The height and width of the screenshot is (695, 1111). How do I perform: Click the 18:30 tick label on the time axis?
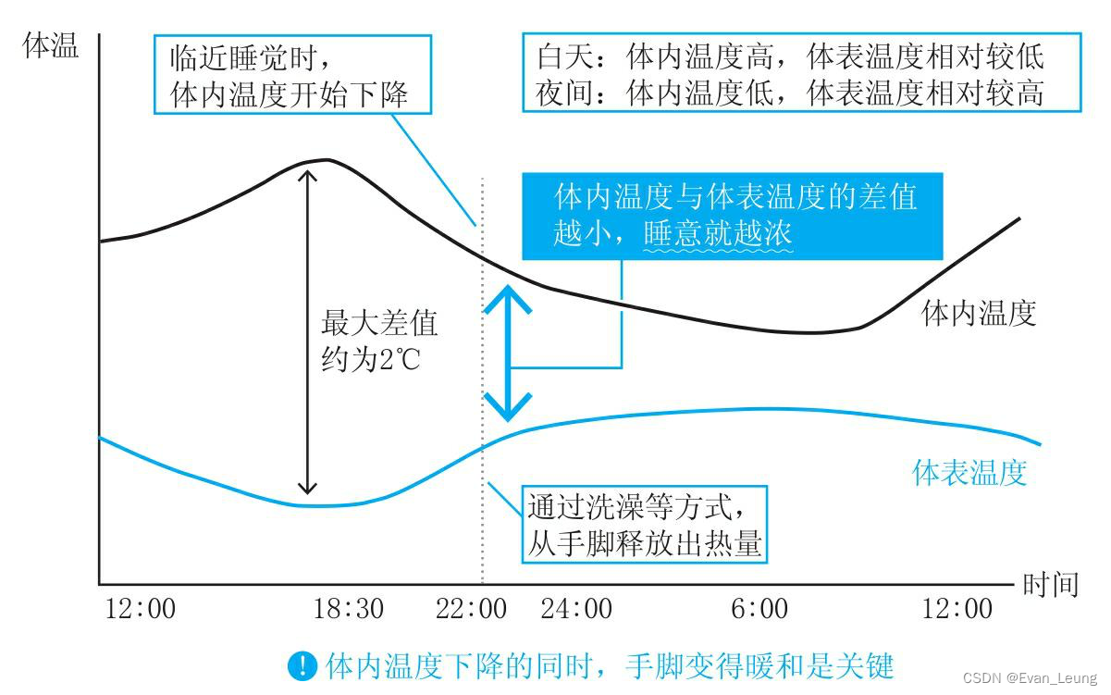348,609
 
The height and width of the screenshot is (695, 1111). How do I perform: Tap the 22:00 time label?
471,609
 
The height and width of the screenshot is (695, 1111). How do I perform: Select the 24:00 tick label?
575,609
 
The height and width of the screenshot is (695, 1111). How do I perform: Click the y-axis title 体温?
51,47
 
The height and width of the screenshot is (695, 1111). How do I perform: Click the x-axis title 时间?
1051,585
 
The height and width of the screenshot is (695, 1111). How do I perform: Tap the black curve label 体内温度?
979,314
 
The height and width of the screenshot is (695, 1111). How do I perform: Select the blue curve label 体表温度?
969,473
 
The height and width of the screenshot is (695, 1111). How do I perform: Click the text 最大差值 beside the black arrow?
379,324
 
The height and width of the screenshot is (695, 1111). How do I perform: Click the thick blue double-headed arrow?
509,352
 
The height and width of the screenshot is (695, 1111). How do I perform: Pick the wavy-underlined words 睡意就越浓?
718,234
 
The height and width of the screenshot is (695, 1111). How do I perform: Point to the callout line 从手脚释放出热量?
645,543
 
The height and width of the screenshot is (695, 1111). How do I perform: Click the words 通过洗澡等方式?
634,507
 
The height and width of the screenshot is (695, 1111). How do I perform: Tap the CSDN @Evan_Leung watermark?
1029,677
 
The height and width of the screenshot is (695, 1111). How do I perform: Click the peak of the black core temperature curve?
324,159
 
